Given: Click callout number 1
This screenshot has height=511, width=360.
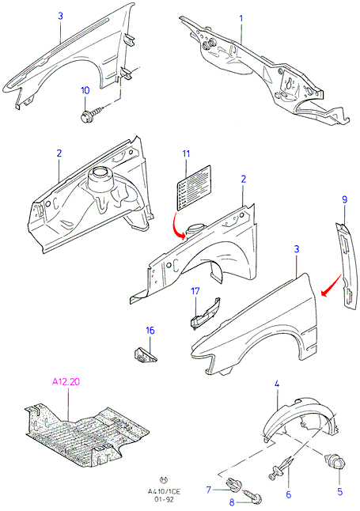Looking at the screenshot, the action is (x=241, y=18).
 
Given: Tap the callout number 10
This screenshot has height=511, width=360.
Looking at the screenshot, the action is (x=85, y=90).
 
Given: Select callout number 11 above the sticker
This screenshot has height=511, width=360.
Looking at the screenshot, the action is (x=186, y=153).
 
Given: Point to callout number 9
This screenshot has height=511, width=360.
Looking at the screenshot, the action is (x=345, y=200).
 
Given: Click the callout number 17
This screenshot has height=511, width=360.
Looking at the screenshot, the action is (x=195, y=290).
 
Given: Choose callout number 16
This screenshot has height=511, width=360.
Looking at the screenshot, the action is (x=150, y=331).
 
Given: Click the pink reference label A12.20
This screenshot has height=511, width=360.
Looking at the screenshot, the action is (x=66, y=381).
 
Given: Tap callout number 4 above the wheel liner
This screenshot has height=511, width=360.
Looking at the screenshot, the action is (x=277, y=384).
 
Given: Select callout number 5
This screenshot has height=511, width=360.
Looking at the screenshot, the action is (x=340, y=491).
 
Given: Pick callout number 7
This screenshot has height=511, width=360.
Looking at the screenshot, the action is (x=209, y=489).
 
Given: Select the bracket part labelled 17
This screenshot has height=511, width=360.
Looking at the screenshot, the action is (x=205, y=313).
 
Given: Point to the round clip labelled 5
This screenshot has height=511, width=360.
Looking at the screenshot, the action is (x=333, y=463).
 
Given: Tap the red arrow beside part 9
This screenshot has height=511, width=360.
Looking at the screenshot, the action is (x=331, y=286).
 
